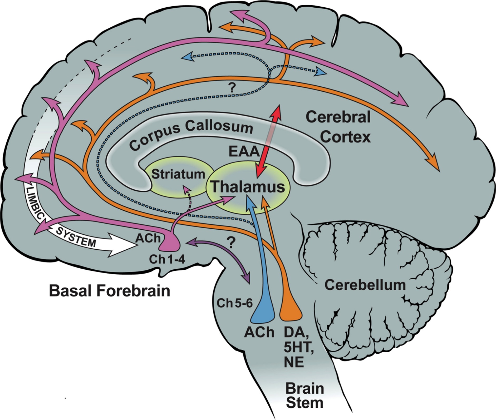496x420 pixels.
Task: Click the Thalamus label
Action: point(248,186)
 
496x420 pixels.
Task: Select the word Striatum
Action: point(178,174)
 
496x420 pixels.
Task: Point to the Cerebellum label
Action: point(365,285)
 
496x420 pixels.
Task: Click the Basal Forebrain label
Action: point(110,291)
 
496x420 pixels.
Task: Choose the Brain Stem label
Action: point(305,396)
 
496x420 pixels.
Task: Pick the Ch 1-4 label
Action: point(167,259)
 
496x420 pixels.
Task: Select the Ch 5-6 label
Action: point(234,303)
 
